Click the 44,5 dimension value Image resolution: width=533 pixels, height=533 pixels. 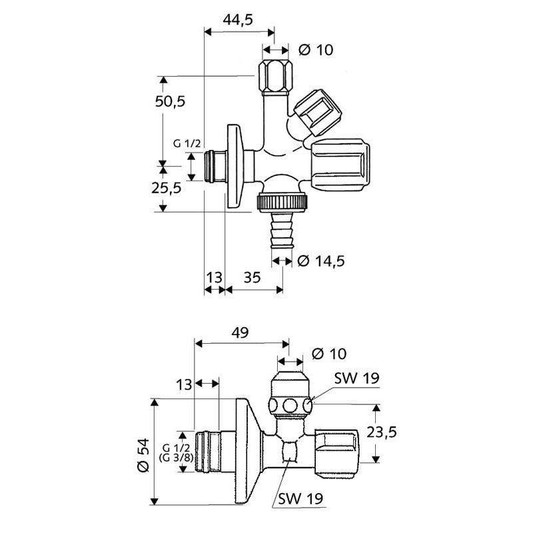[x=238, y=20]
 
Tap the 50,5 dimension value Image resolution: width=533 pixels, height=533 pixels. [x=171, y=101]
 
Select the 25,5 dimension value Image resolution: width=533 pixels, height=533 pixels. [x=167, y=188]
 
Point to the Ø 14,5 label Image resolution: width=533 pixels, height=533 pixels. [x=321, y=261]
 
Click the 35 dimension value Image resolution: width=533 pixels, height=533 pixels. [x=253, y=277]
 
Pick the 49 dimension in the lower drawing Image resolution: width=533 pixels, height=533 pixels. [x=240, y=332]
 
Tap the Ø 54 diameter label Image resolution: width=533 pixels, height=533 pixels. [x=143, y=455]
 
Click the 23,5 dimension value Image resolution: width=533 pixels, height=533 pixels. [x=382, y=432]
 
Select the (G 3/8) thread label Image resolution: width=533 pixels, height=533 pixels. [x=176, y=458]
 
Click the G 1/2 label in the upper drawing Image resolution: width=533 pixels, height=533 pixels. [x=187, y=144]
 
